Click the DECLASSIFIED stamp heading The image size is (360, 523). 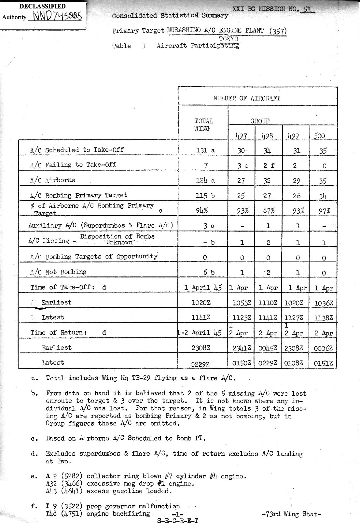click(x=42, y=6)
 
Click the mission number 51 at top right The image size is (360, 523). click(x=307, y=9)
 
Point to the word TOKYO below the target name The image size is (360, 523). click(x=228, y=39)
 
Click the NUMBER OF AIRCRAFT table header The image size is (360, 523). click(x=246, y=98)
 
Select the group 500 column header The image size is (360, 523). click(x=319, y=135)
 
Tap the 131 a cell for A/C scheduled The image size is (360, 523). click(x=205, y=150)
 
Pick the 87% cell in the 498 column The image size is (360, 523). click(x=269, y=210)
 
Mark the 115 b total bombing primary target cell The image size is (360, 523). click(x=205, y=195)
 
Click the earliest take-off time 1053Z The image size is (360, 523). click(x=242, y=303)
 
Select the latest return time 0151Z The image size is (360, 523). click(x=323, y=363)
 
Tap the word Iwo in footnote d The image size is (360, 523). click(x=64, y=461)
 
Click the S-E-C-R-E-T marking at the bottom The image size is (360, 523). click(x=177, y=520)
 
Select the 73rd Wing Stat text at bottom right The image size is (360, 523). click(x=291, y=514)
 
